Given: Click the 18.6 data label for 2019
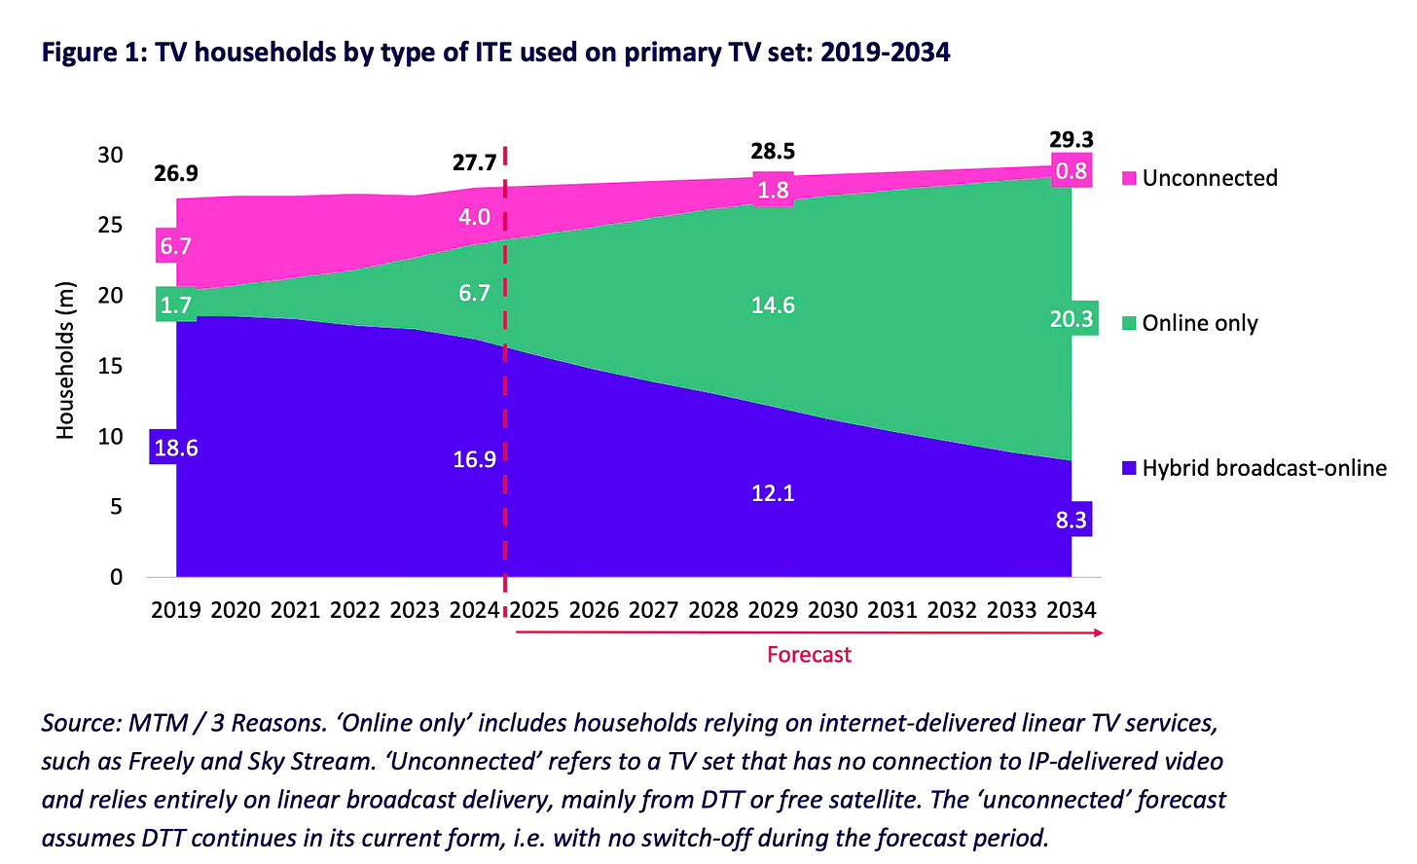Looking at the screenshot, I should point(175,448).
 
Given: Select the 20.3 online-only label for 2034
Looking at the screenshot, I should point(1071,319).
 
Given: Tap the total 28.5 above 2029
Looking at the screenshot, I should point(773,151).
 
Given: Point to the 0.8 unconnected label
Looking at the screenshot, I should point(1071,171).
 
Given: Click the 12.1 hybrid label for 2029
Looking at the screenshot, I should point(773,493).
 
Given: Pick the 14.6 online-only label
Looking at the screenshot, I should point(773,306).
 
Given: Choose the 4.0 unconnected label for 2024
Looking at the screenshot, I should point(474,217).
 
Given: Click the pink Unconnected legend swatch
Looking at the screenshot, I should point(1129,178).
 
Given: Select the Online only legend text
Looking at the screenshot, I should point(1200,323).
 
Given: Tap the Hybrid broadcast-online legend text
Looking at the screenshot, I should point(1264,468).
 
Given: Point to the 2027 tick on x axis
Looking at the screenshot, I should point(653,610).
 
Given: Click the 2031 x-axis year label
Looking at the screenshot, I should point(892,610).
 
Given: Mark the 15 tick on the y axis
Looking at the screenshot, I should point(110,366).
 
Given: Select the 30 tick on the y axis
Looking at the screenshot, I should point(110,155).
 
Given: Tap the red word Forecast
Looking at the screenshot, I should point(809,655).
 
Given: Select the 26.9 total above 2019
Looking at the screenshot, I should point(175,173).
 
